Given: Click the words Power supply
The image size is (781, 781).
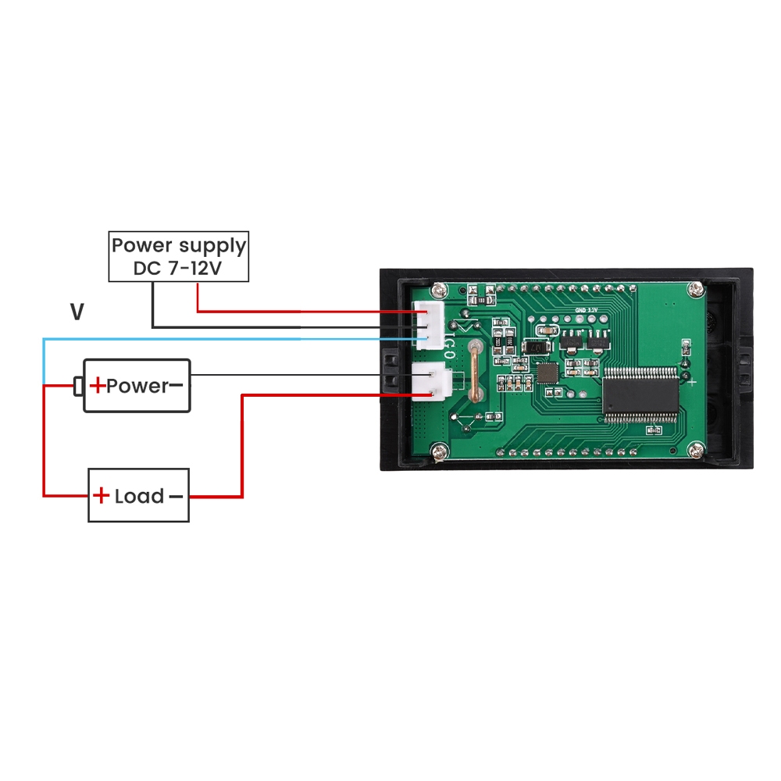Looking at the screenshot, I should pyautogui.click(x=178, y=245).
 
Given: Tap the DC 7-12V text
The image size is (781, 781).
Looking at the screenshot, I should pyautogui.click(x=178, y=269).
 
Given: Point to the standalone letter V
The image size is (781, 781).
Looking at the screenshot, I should pyautogui.click(x=77, y=313).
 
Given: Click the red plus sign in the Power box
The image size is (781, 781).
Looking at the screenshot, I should pyautogui.click(x=97, y=385).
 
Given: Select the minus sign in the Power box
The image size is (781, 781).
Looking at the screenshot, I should pyautogui.click(x=176, y=385).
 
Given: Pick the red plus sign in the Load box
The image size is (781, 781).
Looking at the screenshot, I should pyautogui.click(x=102, y=496).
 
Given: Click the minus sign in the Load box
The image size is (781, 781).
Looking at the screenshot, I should pyautogui.click(x=176, y=496).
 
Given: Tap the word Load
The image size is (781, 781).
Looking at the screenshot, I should pyautogui.click(x=139, y=496).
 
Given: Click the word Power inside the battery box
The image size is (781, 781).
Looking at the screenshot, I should pyautogui.click(x=137, y=385).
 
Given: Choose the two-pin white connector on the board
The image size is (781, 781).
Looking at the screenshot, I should pyautogui.click(x=433, y=382).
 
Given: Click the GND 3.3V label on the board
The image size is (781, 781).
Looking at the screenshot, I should pyautogui.click(x=585, y=310).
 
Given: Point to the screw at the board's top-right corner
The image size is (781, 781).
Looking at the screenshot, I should pyautogui.click(x=694, y=291).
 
